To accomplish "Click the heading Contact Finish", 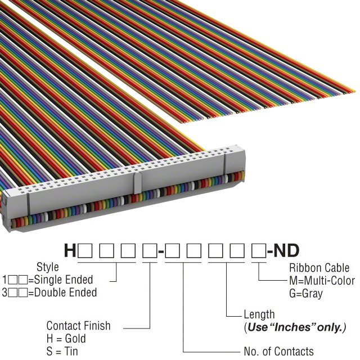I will (78, 326).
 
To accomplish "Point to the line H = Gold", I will (66, 339).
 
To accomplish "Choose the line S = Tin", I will (62, 352).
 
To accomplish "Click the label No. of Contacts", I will (278, 352).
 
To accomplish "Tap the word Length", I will (259, 314).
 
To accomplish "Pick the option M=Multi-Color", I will (322, 281).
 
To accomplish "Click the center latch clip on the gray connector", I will (137, 182).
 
